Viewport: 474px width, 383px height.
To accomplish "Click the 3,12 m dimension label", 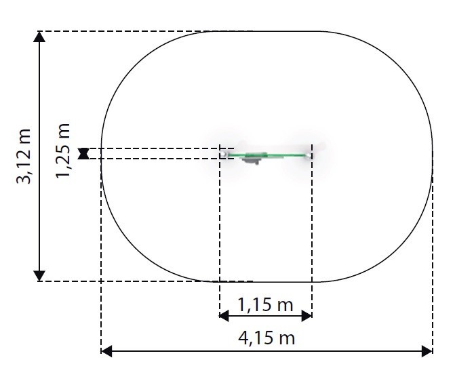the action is [x=24, y=157].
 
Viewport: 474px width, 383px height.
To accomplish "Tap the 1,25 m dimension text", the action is [x=63, y=150].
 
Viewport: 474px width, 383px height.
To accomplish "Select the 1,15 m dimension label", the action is [x=265, y=304].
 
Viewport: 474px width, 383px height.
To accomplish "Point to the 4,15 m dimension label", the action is [x=266, y=338].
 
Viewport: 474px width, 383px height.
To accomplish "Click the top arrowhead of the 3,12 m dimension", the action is [x=39, y=37].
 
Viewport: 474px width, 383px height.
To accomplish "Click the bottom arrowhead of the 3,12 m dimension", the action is [x=39, y=276].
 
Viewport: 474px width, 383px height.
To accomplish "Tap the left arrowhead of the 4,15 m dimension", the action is [x=106, y=351].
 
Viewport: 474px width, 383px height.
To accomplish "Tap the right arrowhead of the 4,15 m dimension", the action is [x=427, y=351].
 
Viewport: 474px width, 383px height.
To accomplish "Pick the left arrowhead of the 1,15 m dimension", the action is [x=224, y=316].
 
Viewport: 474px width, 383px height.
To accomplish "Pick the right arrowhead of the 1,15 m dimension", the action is [x=307, y=316].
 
